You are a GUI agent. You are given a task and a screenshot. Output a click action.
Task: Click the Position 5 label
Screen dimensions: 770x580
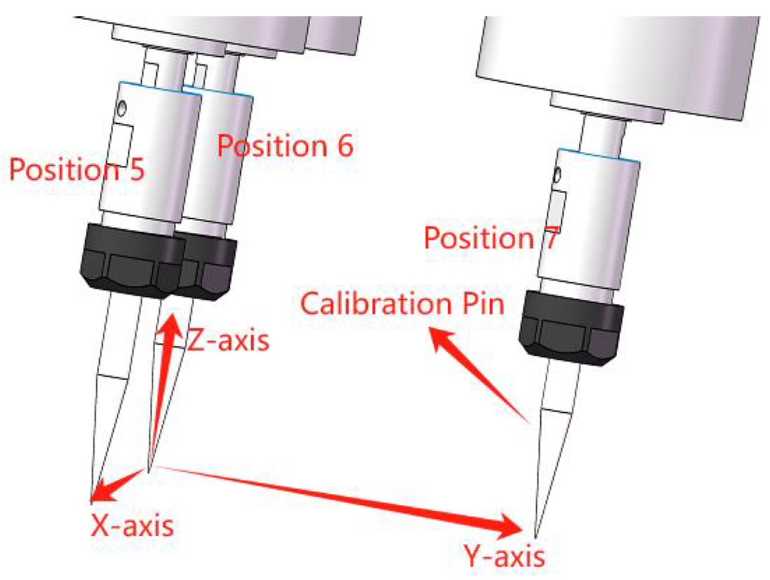pyautogui.click(x=77, y=169)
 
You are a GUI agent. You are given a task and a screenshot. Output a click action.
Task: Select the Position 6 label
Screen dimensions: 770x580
pyautogui.click(x=285, y=145)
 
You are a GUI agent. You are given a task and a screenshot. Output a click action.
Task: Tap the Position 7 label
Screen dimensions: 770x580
pyautogui.click(x=491, y=238)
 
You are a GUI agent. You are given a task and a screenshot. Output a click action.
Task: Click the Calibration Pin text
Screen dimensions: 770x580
pyautogui.click(x=402, y=304)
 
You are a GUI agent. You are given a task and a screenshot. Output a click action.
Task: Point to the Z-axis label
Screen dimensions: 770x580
pyautogui.click(x=228, y=340)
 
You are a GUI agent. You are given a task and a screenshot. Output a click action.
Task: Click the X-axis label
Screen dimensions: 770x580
pyautogui.click(x=132, y=525)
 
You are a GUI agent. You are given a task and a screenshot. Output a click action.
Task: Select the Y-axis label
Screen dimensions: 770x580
pyautogui.click(x=504, y=556)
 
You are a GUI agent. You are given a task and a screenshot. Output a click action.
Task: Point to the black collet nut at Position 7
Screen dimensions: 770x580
pyautogui.click(x=571, y=328)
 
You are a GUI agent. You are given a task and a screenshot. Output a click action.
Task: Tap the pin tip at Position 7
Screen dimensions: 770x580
pyautogui.click(x=536, y=535)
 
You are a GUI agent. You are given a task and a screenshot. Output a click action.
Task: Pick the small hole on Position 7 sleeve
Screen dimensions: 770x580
pyautogui.click(x=557, y=175)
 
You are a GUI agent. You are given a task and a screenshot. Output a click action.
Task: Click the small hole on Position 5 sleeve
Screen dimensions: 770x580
pyautogui.click(x=121, y=108)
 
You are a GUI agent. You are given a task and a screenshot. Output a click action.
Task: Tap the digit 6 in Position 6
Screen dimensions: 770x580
pyautogui.click(x=345, y=145)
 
